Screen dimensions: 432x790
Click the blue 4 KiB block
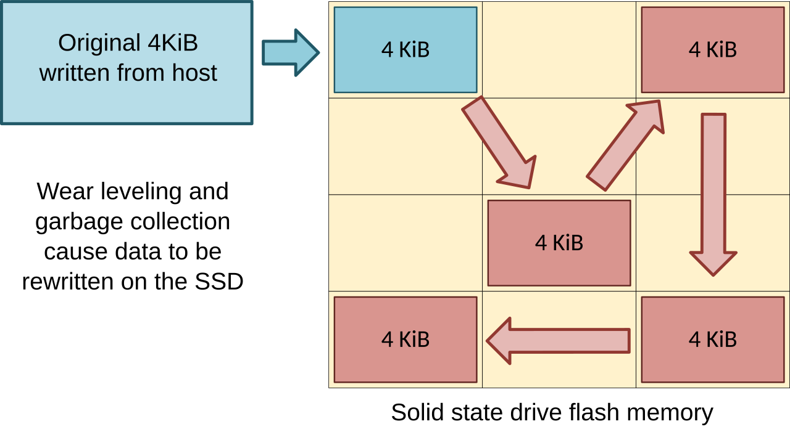(x=405, y=50)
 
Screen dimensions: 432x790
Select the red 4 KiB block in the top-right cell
(x=713, y=50)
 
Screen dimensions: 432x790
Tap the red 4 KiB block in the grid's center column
(x=559, y=243)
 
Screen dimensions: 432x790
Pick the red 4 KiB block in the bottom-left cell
(x=405, y=340)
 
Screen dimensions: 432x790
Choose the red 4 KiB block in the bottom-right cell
(x=713, y=340)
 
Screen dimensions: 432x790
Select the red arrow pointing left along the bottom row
(x=559, y=341)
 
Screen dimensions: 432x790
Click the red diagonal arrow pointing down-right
(x=497, y=142)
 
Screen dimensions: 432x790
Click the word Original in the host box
(x=99, y=43)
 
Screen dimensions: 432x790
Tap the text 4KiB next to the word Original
(x=172, y=43)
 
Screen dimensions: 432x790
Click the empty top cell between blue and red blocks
(x=559, y=50)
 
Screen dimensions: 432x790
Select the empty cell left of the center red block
(x=405, y=243)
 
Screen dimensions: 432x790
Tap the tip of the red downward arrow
(x=713, y=272)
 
